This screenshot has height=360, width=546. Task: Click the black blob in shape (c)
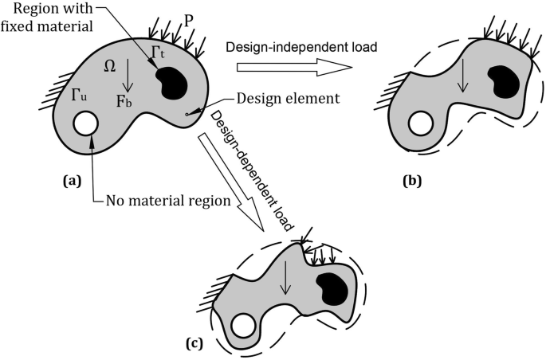(332, 286)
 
